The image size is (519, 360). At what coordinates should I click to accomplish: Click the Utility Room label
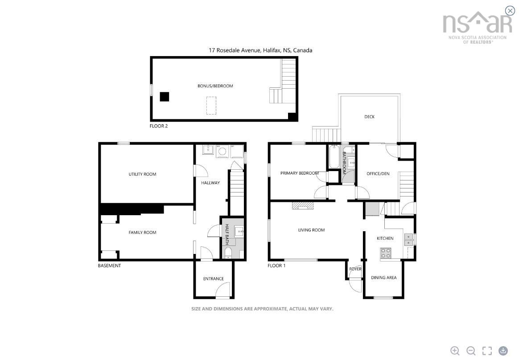(142, 174)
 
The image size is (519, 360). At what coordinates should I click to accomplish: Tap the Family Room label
(142, 233)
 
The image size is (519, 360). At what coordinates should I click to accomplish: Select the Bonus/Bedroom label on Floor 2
(215, 86)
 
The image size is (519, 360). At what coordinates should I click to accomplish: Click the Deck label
(369, 117)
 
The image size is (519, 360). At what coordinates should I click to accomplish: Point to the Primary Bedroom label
(300, 173)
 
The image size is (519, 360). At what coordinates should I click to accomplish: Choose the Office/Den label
(378, 174)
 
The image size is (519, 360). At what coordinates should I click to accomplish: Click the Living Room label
(312, 230)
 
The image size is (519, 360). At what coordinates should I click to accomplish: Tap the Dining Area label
(383, 278)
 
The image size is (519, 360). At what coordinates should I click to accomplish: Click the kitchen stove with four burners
(386, 253)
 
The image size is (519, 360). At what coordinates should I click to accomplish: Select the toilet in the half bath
(228, 254)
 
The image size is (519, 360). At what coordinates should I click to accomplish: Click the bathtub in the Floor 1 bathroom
(333, 156)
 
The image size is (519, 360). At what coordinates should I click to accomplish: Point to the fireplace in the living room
(303, 206)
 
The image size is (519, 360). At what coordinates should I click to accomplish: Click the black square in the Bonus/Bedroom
(165, 97)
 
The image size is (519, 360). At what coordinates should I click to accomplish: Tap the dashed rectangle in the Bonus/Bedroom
(211, 106)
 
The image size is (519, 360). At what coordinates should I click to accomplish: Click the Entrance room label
(214, 278)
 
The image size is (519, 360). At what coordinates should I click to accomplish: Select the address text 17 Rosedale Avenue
(235, 50)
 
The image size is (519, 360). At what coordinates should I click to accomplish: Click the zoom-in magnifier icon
(455, 351)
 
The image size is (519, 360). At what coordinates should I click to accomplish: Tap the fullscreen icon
(487, 351)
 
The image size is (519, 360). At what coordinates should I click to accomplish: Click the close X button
(510, 11)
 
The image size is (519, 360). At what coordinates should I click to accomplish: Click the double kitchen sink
(409, 240)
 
